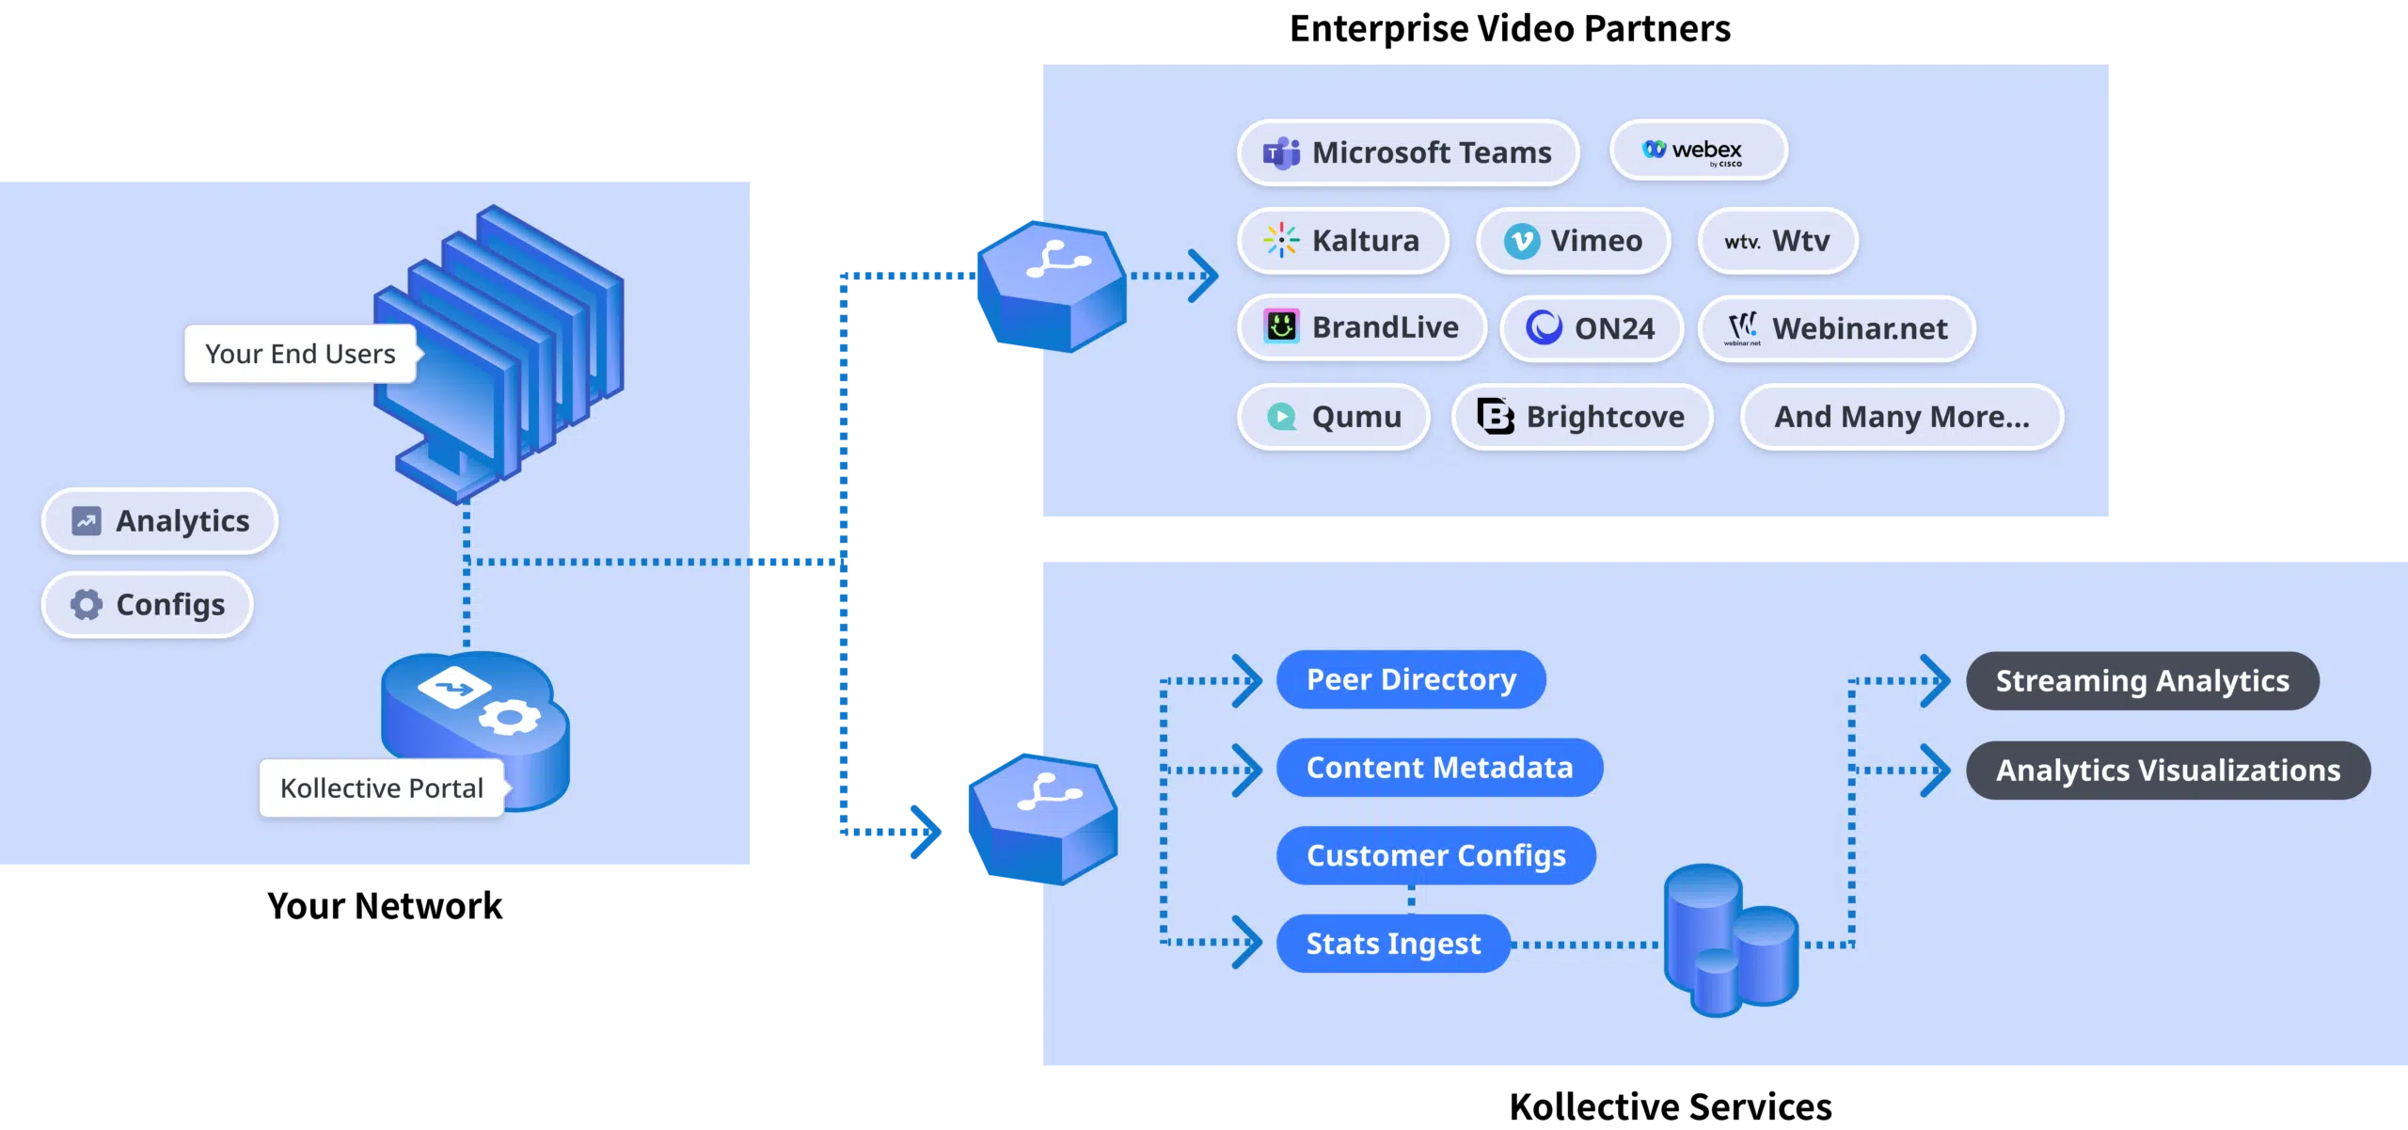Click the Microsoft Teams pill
[1408, 152]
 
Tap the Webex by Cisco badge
[1698, 151]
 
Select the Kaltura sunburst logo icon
[1281, 241]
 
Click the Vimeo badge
[1573, 241]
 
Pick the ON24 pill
[1591, 328]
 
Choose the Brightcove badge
[1581, 417]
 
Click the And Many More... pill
[1901, 417]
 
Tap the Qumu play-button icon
[1281, 417]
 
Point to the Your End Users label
[300, 354]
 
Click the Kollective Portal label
[381, 788]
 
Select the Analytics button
[160, 521]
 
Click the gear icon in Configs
[87, 605]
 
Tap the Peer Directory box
[1410, 679]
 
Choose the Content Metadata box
[1438, 768]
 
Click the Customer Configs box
[1435, 855]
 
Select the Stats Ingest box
[1392, 944]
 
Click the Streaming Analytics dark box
[2142, 680]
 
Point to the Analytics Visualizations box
[2167, 771]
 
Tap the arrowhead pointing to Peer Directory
[1249, 680]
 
